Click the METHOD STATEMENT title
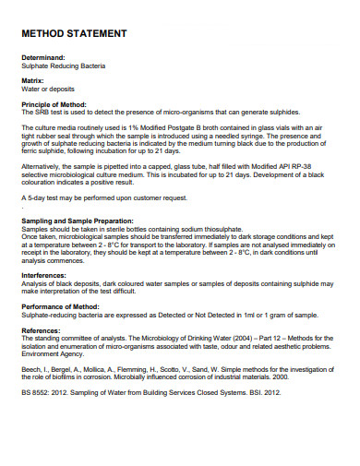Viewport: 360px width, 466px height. coord(73,34)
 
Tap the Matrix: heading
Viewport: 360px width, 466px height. coord(33,80)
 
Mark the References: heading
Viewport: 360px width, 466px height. coord(42,329)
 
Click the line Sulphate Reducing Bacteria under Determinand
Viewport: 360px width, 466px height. coord(63,66)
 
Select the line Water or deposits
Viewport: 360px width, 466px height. coord(48,90)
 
